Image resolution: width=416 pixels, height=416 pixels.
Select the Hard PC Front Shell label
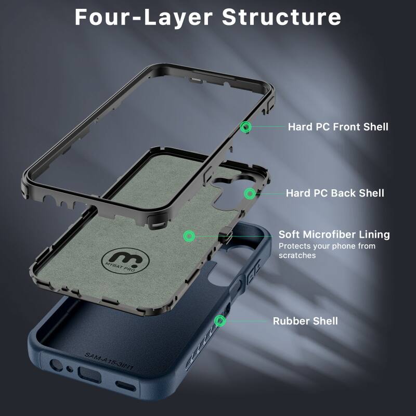pos(338,126)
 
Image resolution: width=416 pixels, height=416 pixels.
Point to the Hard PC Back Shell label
pos(335,193)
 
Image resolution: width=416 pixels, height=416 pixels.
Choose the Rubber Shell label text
pos(305,321)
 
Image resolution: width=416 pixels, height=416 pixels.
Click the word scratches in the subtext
pos(297,255)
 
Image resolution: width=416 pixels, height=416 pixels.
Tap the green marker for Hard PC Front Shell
pos(246,126)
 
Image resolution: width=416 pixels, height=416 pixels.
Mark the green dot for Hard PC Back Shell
pos(250,193)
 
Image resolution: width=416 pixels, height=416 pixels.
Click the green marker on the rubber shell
pos(220,320)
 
